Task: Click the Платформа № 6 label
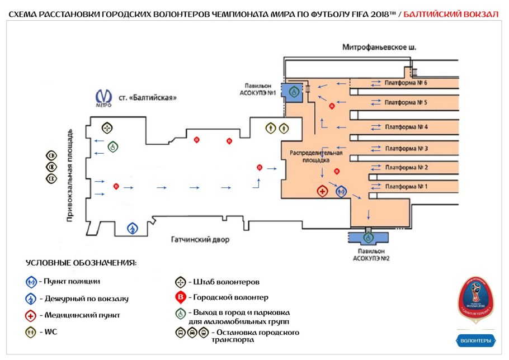pyautogui.click(x=406, y=83)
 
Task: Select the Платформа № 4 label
pyautogui.click(x=406, y=127)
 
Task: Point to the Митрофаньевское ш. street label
pyautogui.click(x=379, y=48)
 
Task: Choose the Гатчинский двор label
pyautogui.click(x=200, y=240)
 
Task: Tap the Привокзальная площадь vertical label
pyautogui.click(x=70, y=176)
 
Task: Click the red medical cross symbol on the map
pyautogui.click(x=323, y=191)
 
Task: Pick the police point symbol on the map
pyautogui.click(x=341, y=191)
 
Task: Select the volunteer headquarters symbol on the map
pyautogui.click(x=107, y=127)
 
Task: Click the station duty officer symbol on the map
pyautogui.click(x=133, y=228)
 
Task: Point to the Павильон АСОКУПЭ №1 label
pyautogui.click(x=257, y=89)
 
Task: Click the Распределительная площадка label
pyautogui.click(x=315, y=156)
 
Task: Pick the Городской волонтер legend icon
pyautogui.click(x=181, y=297)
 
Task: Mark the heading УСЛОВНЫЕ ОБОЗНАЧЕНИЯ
pyautogui.click(x=81, y=263)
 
